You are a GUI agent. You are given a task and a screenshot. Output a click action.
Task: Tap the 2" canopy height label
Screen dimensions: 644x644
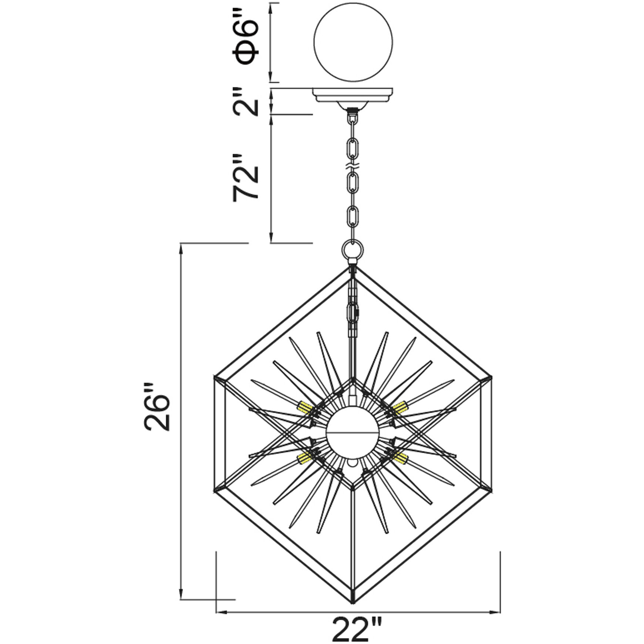tap(245, 101)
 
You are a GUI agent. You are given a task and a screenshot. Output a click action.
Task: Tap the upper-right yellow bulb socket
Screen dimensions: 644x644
tap(399, 407)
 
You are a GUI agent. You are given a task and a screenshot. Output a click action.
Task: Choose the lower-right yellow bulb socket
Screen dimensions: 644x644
tap(400, 458)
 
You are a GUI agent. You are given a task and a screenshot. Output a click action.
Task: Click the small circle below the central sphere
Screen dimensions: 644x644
tap(353, 463)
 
